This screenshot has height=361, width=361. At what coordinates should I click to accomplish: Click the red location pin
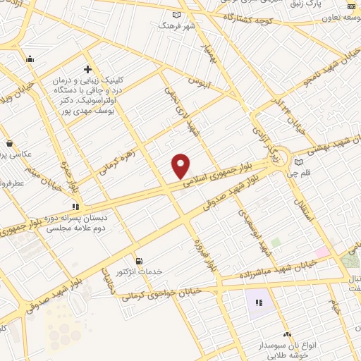click(181, 166)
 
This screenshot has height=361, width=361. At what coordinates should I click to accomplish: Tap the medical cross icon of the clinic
click(87, 69)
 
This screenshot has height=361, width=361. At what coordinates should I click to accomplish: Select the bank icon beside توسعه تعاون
click(352, 6)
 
